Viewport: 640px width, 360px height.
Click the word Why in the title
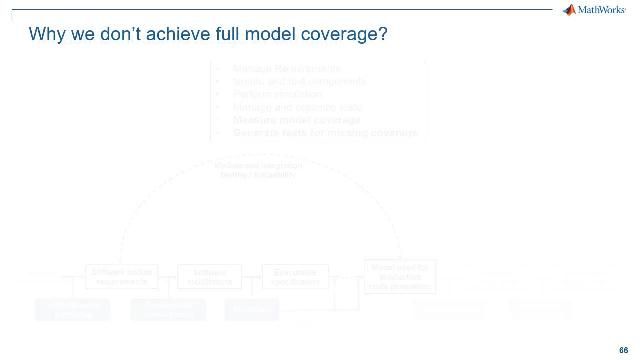[x=47, y=35]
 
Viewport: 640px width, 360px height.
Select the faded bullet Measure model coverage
[x=282, y=120]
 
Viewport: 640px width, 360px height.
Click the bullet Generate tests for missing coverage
[x=324, y=132]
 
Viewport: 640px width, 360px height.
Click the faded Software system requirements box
[x=121, y=276]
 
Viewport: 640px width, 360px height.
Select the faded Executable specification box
[x=295, y=276]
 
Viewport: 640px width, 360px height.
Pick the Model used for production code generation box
[x=399, y=275]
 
